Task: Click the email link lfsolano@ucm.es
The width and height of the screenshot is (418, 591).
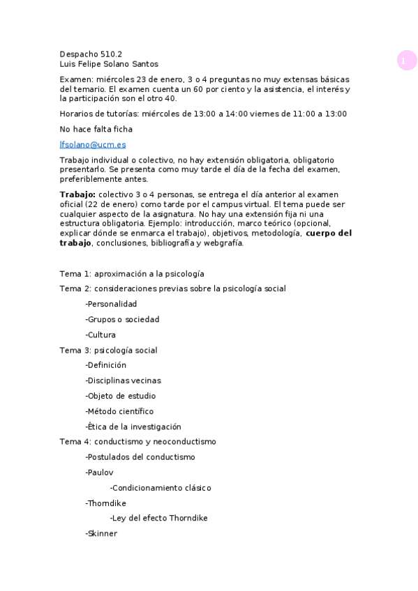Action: click(93, 144)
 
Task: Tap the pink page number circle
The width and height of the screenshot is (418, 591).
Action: click(407, 61)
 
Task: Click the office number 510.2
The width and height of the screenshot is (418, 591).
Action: click(112, 53)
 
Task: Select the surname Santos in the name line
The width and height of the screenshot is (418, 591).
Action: click(144, 64)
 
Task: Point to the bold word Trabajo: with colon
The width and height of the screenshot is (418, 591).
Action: click(77, 194)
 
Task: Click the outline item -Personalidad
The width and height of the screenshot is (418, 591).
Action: click(111, 304)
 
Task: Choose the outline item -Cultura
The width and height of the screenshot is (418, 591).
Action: click(100, 335)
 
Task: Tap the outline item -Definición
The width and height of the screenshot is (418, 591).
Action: click(106, 364)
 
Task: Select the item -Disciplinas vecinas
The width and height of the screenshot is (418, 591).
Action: click(123, 381)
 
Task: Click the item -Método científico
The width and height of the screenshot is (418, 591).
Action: click(119, 411)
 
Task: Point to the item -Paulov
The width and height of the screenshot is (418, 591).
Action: click(99, 473)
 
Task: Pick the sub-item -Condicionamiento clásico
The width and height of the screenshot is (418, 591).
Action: click(161, 488)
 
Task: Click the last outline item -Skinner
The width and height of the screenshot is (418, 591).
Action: click(101, 534)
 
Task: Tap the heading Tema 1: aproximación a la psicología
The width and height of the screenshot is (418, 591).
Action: click(131, 274)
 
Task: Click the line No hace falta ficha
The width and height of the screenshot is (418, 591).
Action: click(96, 129)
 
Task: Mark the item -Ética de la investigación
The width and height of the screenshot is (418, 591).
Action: click(133, 427)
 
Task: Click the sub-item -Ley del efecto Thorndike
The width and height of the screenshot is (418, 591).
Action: click(158, 519)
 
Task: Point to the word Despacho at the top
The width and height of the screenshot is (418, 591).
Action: click(79, 53)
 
